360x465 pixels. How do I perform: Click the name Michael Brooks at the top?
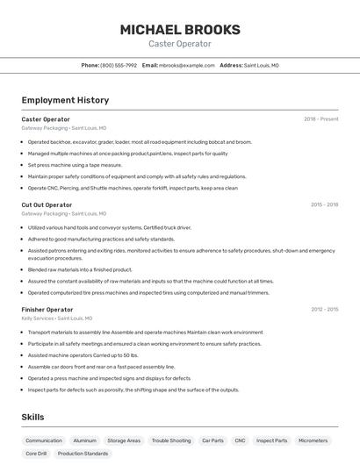pos(179,30)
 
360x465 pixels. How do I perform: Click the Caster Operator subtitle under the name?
pos(179,44)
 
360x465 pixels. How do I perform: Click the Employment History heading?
pos(65,100)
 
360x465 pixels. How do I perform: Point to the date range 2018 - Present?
pos(320,119)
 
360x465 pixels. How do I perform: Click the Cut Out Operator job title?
pos(47,204)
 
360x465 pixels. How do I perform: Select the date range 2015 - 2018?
pos(324,204)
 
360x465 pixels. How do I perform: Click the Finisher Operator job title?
pos(47,309)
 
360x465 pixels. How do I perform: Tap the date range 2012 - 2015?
pos(324,309)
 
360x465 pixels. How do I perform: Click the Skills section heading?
pos(32,417)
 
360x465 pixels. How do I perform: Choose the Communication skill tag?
pos(44,440)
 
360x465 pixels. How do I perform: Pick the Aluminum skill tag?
pos(84,440)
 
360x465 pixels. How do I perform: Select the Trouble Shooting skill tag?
pos(171,440)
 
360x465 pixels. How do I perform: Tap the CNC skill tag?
pos(240,440)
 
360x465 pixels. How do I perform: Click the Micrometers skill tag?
pos(313,440)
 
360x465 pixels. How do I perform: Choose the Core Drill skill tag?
pos(36,454)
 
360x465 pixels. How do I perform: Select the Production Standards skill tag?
pos(83,454)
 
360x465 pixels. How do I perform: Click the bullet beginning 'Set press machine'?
pos(75,165)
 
